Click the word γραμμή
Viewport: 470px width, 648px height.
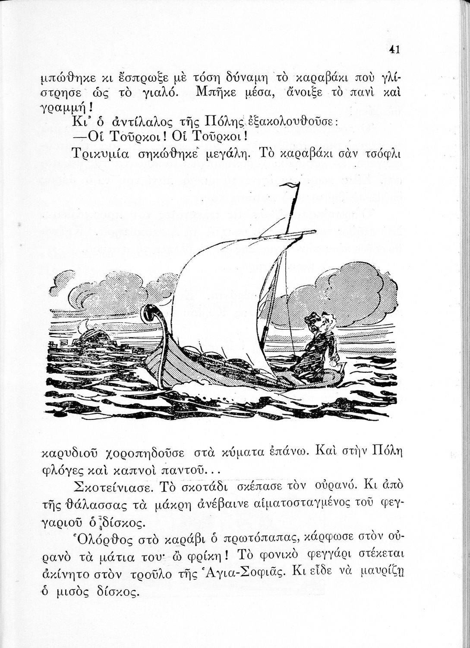(60, 106)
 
